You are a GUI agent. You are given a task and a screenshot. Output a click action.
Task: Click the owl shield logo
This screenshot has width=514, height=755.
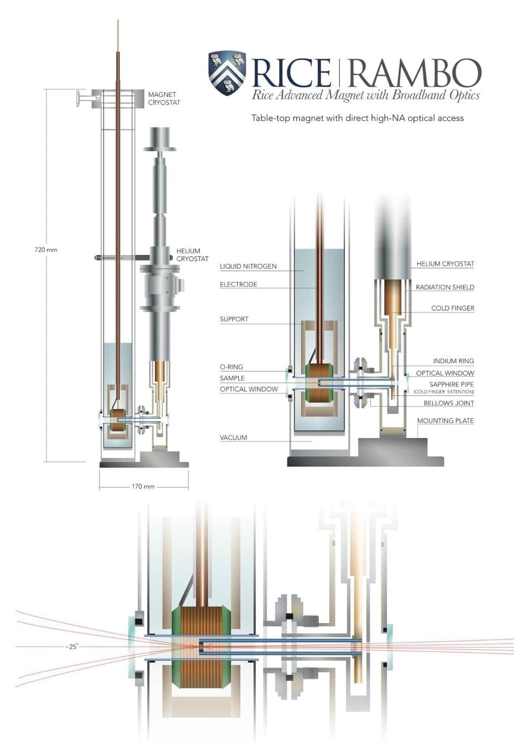click(227, 72)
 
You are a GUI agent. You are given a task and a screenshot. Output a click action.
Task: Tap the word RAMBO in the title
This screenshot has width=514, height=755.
click(414, 73)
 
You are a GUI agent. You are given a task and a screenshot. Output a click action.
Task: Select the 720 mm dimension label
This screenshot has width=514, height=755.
click(46, 250)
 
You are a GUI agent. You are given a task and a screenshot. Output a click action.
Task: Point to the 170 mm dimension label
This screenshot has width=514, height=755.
click(143, 486)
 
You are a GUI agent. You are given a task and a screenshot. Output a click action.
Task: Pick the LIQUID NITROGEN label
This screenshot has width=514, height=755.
click(248, 266)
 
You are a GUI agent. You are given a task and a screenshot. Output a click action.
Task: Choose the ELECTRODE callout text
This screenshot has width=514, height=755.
click(238, 284)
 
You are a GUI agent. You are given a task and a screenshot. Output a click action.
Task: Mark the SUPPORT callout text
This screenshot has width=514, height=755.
click(234, 319)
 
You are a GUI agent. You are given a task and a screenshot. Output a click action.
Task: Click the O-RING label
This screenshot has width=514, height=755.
click(231, 367)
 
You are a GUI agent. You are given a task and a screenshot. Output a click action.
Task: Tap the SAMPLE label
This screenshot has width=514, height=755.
click(232, 378)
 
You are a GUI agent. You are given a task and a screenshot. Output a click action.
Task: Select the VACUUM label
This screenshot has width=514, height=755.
click(233, 437)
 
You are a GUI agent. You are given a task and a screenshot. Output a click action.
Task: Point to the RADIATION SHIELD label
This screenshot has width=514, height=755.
click(445, 287)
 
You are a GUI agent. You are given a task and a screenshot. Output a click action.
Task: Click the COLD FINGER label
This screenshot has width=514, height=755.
click(453, 308)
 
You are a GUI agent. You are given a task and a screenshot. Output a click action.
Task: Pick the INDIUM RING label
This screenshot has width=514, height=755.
click(453, 361)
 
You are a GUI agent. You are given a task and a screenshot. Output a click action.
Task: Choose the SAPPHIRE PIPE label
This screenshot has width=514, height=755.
click(452, 384)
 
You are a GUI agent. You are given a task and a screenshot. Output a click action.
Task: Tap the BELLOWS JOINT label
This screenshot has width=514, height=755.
click(448, 403)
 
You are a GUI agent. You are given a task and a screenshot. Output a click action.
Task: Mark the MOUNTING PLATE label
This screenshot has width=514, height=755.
click(445, 421)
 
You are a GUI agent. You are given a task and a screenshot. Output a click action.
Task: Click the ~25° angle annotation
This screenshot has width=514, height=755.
click(72, 647)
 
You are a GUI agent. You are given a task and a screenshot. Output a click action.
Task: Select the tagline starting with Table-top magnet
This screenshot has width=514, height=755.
click(357, 118)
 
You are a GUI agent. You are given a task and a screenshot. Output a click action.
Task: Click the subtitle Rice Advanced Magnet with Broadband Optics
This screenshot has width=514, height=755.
click(365, 95)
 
